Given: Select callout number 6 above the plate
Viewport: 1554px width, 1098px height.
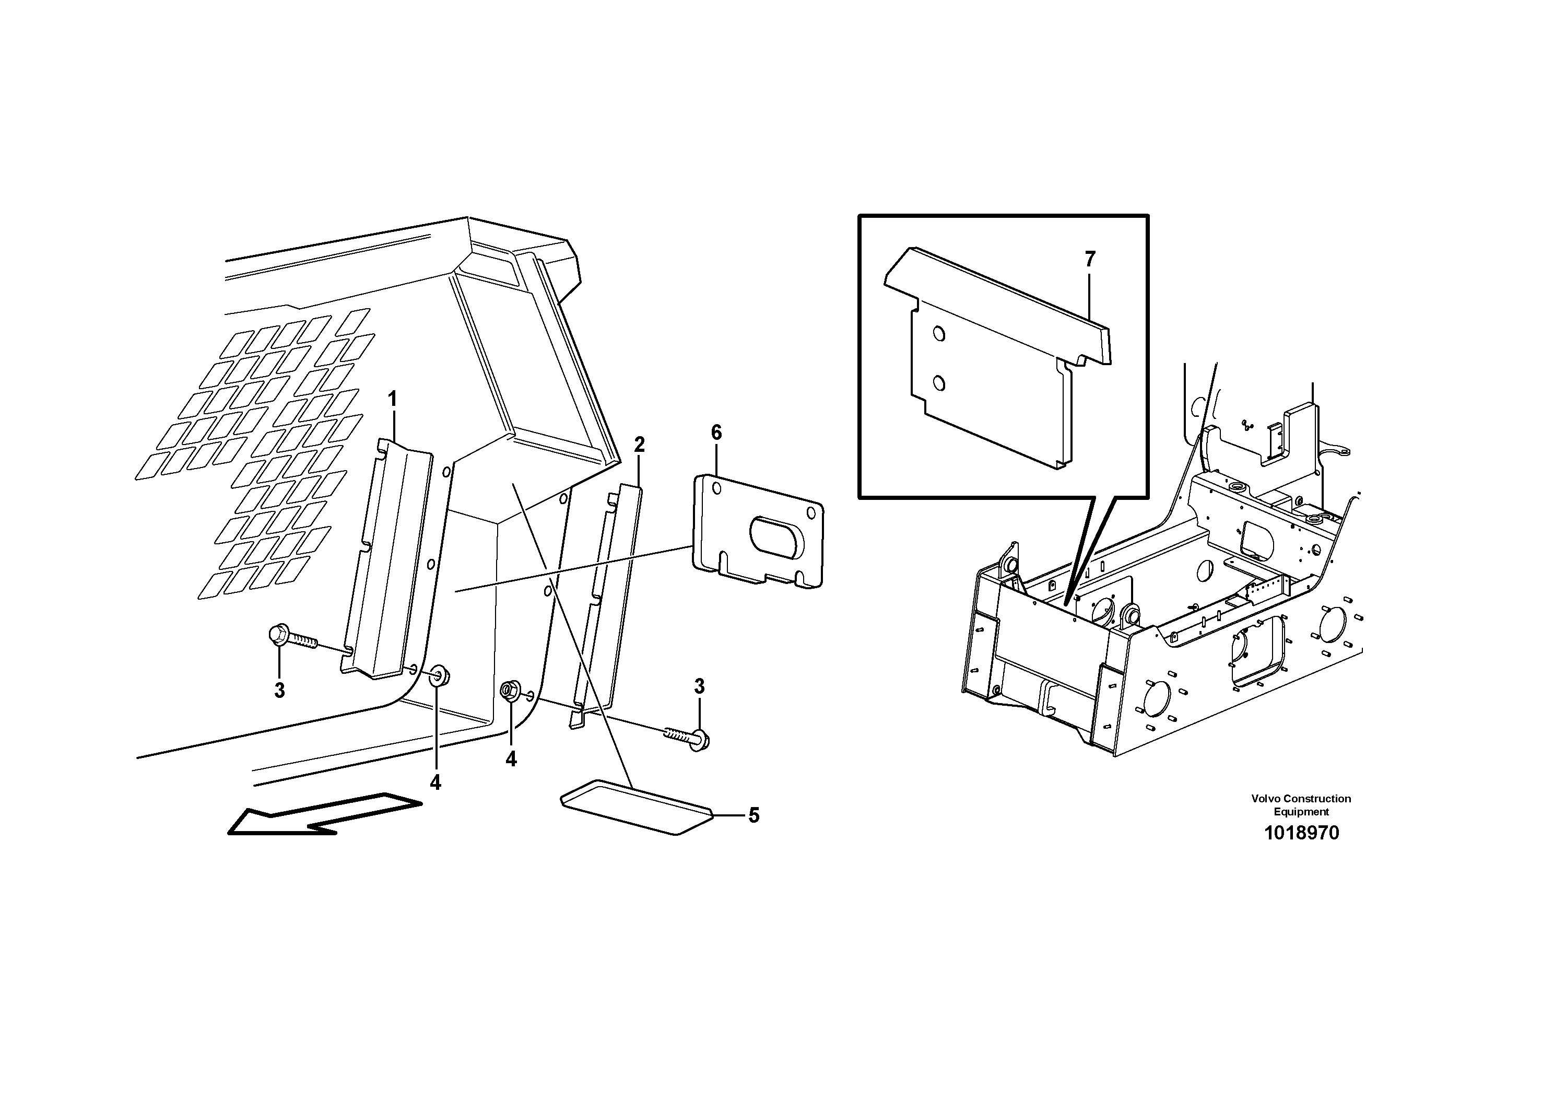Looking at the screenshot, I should (x=716, y=433).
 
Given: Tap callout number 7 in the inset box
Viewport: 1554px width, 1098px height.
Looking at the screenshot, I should (x=1090, y=259).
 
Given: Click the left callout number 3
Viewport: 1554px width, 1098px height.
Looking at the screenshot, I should (x=279, y=691).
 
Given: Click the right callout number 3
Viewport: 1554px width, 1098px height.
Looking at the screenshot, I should (x=699, y=686).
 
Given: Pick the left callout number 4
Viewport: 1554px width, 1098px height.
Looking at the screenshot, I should (x=435, y=782).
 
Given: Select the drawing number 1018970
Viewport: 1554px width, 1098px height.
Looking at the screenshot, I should (x=1301, y=833).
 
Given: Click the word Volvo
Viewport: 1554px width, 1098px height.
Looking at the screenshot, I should (x=1265, y=799).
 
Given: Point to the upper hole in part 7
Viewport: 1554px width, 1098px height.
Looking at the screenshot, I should (x=939, y=333).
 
